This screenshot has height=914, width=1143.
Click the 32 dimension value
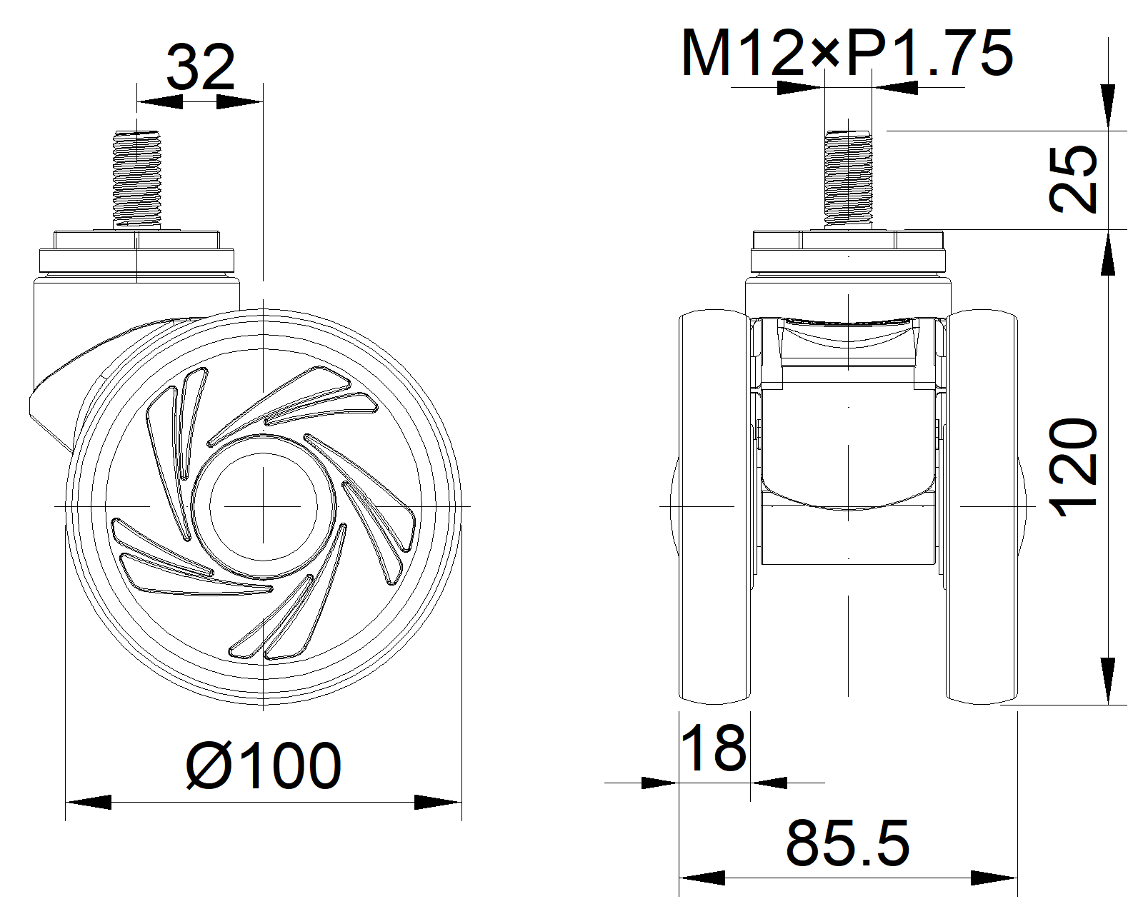pos(201,67)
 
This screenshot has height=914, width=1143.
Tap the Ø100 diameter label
pos(264,765)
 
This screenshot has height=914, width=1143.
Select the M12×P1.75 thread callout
pos(847,54)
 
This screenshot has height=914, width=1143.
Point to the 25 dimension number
pos(1074,179)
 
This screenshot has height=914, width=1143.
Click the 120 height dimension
pos(1074,468)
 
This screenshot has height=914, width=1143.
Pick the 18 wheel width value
pos(714,748)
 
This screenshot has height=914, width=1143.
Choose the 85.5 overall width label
pos(848,843)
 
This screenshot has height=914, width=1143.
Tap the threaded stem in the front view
pos(848,179)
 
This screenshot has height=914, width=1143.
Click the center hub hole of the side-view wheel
pos(264,506)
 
